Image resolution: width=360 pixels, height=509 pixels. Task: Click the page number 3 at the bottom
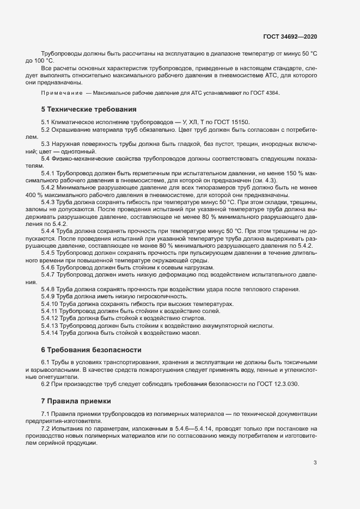pyautogui.click(x=315, y=463)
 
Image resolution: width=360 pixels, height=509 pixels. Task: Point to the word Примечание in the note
pyautogui.click(x=62, y=94)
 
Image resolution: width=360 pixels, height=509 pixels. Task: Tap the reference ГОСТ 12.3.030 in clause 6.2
pyautogui.click(x=278, y=384)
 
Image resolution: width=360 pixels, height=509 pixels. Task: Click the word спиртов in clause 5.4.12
pyautogui.click(x=192, y=318)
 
